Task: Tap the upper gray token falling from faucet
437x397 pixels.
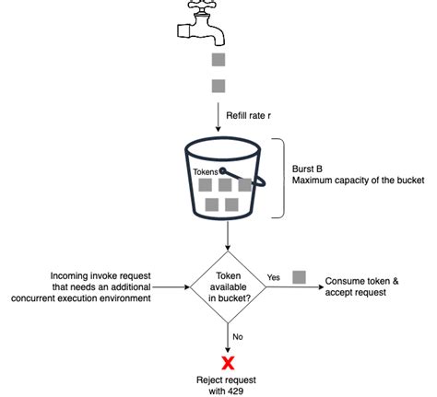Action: coord(218,61)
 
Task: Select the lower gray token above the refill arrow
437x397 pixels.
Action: coord(218,87)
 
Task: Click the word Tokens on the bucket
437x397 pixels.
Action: coord(207,171)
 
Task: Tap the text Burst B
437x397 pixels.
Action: coord(310,168)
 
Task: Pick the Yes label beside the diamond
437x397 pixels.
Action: coord(274,277)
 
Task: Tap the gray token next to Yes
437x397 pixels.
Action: coord(299,276)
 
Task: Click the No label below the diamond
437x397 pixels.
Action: coord(238,336)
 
